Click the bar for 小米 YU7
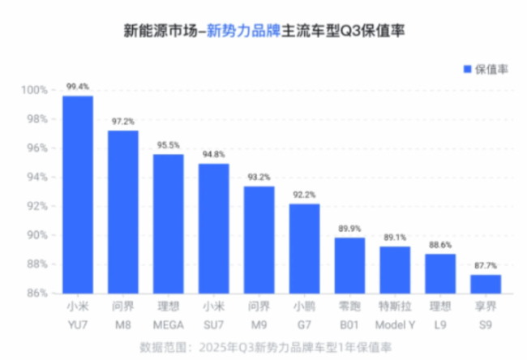(x=78, y=195)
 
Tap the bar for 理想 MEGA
(x=169, y=223)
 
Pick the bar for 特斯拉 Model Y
(x=395, y=269)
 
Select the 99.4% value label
(x=78, y=86)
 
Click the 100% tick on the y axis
(x=34, y=90)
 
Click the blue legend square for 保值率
(x=467, y=69)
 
